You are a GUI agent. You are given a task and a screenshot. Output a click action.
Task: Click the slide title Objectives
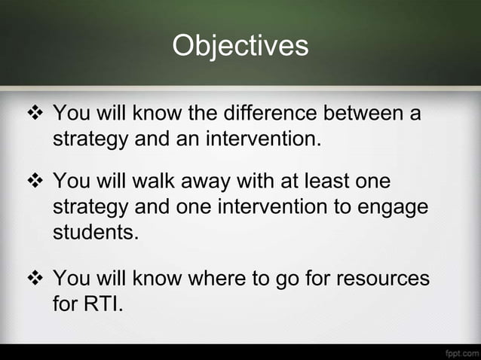point(240,46)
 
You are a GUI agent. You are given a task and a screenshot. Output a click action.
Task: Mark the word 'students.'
point(95,230)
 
